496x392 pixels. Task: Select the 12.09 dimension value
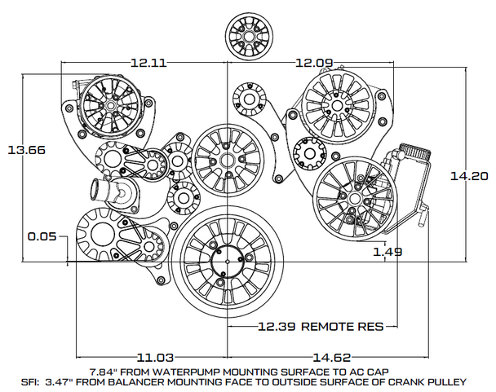tap(314, 61)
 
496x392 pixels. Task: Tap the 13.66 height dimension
tap(26, 151)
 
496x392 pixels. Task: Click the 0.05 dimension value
tap(41, 237)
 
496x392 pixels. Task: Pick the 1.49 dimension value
tap(387, 252)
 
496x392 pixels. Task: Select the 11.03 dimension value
tap(153, 357)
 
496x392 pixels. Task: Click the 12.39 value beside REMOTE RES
tap(276, 327)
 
